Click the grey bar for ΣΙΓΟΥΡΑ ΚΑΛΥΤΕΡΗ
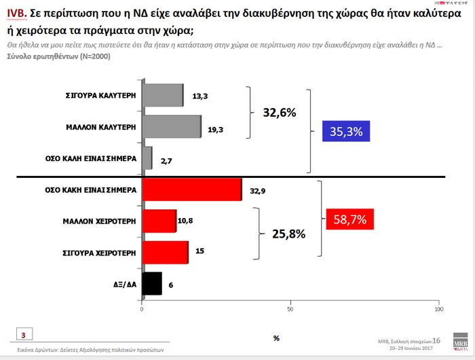163,95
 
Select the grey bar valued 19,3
172,126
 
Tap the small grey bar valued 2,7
147,158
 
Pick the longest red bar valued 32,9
191,190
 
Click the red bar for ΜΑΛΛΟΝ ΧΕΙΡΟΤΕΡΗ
159,221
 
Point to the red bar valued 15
165,252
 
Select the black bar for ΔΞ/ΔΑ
151,283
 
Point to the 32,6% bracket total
278,113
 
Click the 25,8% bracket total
288,234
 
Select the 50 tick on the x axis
290,310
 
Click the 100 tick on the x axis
438,310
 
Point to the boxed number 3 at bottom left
23,335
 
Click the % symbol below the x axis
276,338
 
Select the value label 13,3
199,96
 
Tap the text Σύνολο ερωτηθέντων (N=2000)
58,56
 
